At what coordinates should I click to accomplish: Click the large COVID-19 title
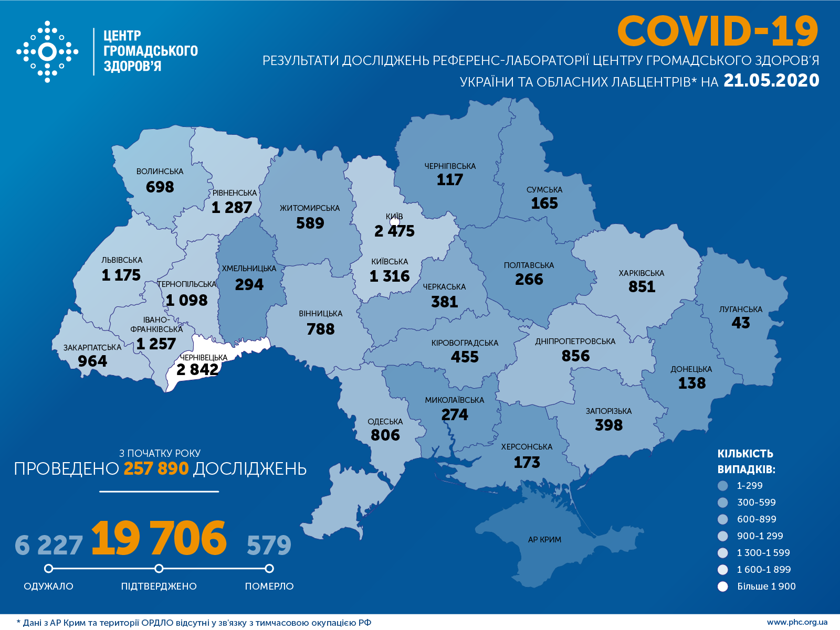[x=717, y=31]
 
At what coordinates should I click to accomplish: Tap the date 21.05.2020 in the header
[x=771, y=80]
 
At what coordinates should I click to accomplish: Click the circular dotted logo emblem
[x=47, y=52]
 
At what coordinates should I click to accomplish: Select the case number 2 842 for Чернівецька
[x=197, y=370]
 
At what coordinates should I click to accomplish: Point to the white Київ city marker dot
[x=395, y=222]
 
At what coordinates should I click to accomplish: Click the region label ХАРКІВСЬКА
[x=641, y=273]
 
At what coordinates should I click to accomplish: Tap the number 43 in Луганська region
[x=741, y=323]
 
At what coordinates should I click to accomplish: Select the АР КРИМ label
[x=544, y=540]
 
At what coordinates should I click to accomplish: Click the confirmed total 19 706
[x=159, y=539]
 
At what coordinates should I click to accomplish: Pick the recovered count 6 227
[x=48, y=546]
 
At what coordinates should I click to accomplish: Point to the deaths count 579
[x=269, y=546]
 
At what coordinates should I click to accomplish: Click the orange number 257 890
[x=156, y=468]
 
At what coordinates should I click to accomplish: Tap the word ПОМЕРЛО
[x=269, y=586]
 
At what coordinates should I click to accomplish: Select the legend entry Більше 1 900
[x=766, y=586]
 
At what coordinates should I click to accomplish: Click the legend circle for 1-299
[x=723, y=486]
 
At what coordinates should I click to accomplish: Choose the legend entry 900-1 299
[x=760, y=536]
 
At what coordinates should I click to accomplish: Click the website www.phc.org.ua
[x=797, y=623]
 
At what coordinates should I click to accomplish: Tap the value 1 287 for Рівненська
[x=232, y=208]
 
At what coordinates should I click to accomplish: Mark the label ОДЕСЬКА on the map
[x=385, y=422]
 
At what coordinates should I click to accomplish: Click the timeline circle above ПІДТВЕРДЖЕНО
[x=159, y=569]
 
